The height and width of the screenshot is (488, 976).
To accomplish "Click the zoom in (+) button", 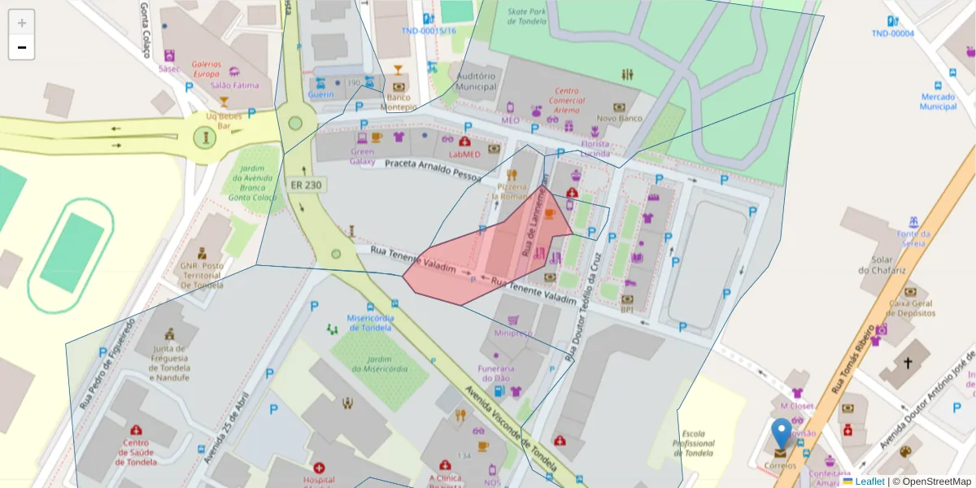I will pos(22,23).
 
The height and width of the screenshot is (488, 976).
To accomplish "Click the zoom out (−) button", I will pos(22,47).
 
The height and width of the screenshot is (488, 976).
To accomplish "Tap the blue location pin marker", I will pos(782,434).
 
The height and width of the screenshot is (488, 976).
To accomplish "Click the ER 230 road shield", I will pos(305,185).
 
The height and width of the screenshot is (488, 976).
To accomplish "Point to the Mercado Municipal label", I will pos(938,101).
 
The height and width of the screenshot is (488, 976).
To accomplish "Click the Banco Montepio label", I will pos(399,102).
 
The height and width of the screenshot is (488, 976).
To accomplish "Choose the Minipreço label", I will pos(512,333).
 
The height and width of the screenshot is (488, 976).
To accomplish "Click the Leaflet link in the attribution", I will pos(869,481).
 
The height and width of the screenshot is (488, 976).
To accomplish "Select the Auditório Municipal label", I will pos(476,81).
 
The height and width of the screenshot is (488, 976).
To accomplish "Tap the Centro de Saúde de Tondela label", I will pos(136,452).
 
